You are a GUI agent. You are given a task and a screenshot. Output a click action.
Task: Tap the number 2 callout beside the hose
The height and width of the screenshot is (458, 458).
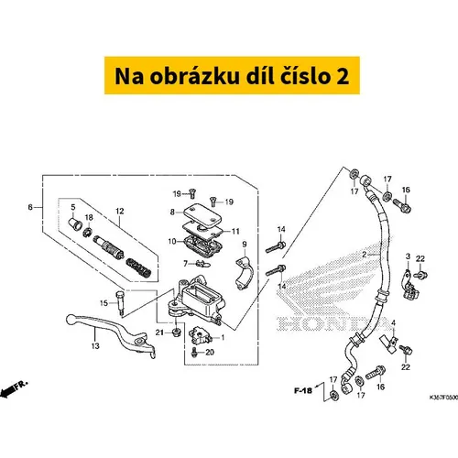(365, 255)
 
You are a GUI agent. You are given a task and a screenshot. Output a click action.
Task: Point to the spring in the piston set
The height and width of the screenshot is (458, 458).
(138, 267)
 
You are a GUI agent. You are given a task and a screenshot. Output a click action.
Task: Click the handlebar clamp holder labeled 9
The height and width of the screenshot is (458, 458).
(244, 274)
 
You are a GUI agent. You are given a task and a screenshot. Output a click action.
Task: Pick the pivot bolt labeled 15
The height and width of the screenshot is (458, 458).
(119, 303)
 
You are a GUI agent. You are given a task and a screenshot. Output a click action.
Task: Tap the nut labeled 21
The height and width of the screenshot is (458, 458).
(176, 332)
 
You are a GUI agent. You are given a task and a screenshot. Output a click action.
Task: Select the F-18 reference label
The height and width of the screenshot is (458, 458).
(303, 390)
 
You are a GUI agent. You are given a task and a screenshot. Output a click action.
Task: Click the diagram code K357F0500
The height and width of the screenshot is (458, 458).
(443, 398)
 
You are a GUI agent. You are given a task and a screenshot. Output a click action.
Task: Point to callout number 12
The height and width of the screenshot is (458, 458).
(120, 211)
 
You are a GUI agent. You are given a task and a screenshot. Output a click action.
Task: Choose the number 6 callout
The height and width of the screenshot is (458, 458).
(30, 207)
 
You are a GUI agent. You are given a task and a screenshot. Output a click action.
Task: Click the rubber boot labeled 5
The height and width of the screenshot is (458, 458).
(75, 224)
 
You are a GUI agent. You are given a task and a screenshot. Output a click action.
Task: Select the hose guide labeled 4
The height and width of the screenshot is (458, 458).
(388, 343)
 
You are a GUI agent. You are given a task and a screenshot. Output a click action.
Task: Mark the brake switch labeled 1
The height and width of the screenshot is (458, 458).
(200, 334)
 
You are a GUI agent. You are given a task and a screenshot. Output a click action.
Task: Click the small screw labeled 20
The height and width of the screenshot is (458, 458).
(193, 353)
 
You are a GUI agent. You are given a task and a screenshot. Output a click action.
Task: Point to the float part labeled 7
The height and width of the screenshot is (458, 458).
(202, 263)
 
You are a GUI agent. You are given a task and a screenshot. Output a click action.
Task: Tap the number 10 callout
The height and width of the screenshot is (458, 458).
(172, 242)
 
